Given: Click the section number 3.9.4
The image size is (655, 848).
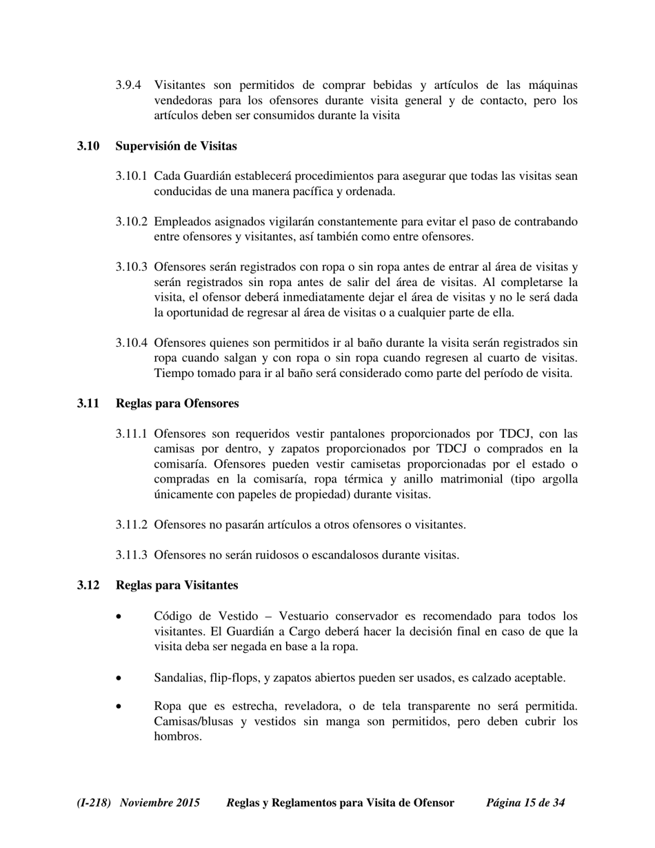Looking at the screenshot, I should coord(129,85).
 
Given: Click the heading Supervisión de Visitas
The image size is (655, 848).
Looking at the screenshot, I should coord(176,146).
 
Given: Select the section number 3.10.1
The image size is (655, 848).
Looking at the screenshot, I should coord(131,176).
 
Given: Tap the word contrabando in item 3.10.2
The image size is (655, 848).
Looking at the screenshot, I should coord(545,222).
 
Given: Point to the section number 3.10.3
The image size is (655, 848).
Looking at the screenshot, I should coord(131,267).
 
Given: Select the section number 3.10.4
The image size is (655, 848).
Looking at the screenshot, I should coord(131,343).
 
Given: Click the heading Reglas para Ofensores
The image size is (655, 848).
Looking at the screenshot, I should coord(177,403).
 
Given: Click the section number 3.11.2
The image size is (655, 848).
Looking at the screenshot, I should coord(131,525).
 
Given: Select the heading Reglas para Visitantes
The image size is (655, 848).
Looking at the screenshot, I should coord(177,585).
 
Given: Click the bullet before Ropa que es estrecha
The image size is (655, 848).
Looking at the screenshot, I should coord(120,707).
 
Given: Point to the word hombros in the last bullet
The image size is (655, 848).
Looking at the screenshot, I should coord(178,737).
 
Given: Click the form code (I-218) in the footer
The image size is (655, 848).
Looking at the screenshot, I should coord(94,803).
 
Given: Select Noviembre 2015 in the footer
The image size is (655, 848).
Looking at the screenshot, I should coord(160,803).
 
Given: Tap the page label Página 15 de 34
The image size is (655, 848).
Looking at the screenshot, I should coord(525,803).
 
